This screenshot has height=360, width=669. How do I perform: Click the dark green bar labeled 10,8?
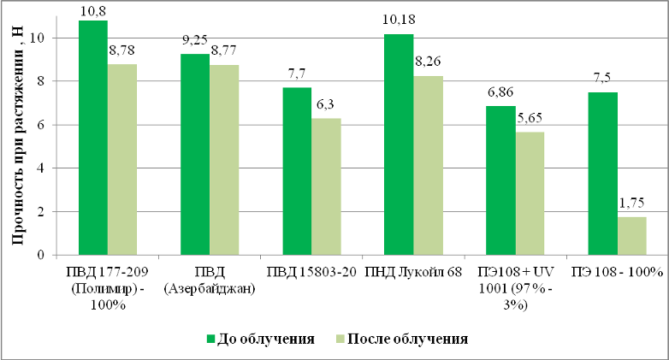coord(92,137)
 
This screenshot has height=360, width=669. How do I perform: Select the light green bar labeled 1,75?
coord(631,235)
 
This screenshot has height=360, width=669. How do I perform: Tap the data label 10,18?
coord(400,24)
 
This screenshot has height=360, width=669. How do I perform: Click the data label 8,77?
coord(226,54)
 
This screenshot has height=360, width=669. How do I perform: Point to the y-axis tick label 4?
coord(40,168)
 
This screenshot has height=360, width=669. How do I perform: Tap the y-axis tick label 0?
coord(40,255)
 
